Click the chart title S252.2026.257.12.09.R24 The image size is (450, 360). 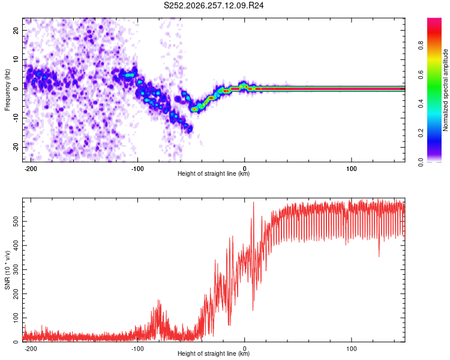214,5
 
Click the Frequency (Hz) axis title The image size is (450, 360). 7,90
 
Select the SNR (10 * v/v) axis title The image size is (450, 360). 7,270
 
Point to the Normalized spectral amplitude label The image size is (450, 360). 445,90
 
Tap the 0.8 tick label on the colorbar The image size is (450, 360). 421,46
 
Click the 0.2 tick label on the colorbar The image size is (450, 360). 421,133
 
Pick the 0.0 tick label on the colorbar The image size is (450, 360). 421,162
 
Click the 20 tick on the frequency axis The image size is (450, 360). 16,30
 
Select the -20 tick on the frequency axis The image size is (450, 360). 16,147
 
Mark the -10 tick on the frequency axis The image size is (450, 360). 16,118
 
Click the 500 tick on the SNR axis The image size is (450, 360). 16,221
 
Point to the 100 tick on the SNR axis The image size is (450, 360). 16,318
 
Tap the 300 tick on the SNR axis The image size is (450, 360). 16,269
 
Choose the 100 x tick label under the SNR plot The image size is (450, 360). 351,349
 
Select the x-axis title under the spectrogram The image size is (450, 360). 214,173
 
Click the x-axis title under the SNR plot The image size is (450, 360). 214,353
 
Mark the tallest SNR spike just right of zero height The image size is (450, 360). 253,203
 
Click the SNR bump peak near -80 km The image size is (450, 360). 159,300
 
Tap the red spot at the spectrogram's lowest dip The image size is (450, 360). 194,109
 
